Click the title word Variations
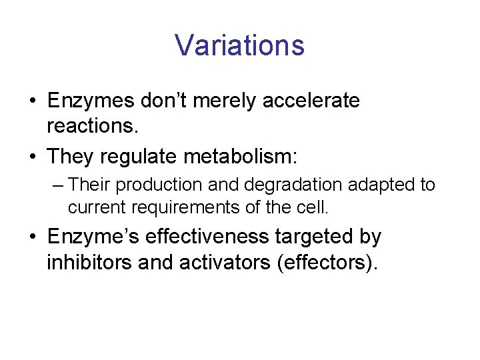pyautogui.click(x=239, y=45)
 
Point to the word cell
pyautogui.click(x=313, y=207)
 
